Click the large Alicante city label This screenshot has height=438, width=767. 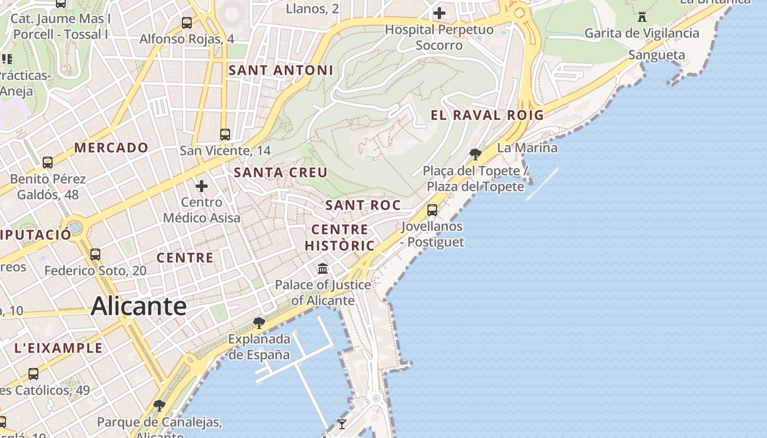[139, 306]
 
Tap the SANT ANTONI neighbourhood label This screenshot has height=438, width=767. [281, 71]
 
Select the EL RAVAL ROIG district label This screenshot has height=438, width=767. [487, 115]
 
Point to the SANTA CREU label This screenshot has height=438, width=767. [281, 172]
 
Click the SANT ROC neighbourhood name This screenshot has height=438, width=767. [363, 206]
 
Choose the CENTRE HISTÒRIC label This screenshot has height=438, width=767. [340, 238]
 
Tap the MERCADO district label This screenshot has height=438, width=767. [111, 148]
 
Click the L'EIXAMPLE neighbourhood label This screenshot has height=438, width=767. [58, 348]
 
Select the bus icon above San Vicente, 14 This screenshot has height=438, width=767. [225, 134]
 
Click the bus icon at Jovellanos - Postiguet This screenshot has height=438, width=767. [432, 210]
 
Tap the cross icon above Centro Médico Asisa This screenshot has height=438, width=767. [202, 186]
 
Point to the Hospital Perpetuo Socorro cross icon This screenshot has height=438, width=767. [439, 13]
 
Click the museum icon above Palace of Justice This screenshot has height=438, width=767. [323, 269]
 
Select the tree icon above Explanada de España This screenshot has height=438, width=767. [259, 323]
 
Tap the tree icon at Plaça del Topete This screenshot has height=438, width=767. [476, 154]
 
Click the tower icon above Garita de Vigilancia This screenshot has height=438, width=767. [642, 16]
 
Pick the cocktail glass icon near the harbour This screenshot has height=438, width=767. [342, 424]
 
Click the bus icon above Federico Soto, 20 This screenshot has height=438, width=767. [95, 254]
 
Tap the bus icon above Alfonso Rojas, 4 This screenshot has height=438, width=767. [187, 23]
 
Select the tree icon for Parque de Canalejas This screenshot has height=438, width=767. [159, 406]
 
